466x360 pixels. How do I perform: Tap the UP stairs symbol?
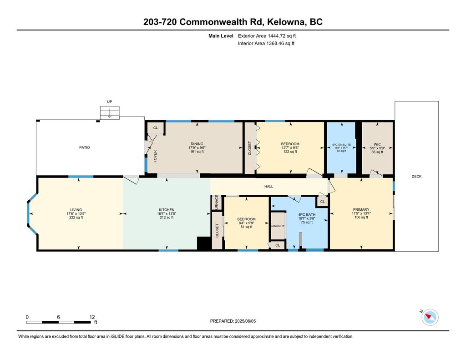110,112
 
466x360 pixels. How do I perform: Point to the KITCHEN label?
167,210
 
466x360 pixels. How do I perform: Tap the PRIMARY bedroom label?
360,210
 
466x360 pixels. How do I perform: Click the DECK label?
416,176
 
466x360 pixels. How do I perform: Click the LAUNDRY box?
277,226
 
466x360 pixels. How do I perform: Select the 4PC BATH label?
307,214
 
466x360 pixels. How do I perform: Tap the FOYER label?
155,156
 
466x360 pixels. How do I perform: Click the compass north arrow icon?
430,317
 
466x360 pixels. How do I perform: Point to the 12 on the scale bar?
92,317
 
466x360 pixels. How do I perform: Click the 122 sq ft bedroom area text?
290,152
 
